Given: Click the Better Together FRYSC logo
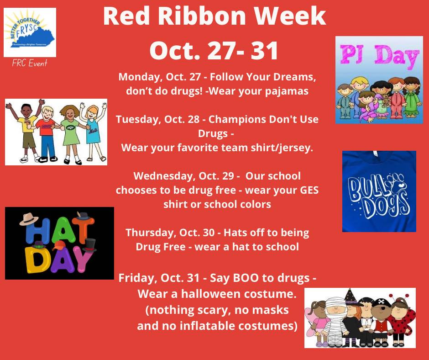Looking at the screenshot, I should coord(30,32).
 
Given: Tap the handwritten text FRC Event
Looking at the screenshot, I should coord(30,63).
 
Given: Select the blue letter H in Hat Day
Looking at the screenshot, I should coord(33,232).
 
